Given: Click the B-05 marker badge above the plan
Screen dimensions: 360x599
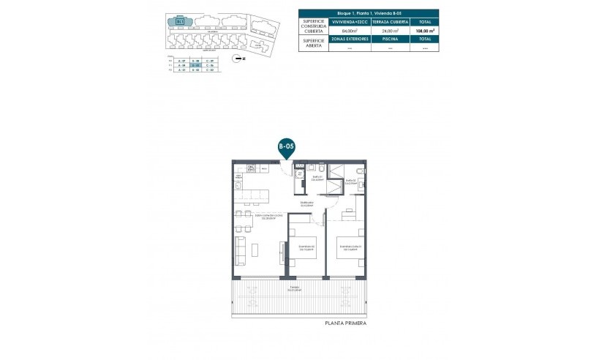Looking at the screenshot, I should (286, 147).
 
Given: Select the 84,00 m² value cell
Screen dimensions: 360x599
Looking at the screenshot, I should (350, 31).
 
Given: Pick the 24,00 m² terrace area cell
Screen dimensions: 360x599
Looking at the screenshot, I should (389, 31).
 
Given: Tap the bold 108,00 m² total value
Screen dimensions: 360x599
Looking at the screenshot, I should (426, 31).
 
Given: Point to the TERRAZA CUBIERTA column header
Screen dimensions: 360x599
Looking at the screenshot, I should (389, 23).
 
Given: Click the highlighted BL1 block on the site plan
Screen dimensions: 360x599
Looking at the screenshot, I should (180, 21).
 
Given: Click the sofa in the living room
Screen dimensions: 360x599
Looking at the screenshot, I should (240, 248).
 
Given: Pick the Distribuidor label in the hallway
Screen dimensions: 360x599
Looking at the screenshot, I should (306, 203).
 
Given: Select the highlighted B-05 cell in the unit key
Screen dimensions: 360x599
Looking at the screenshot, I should (195, 64).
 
